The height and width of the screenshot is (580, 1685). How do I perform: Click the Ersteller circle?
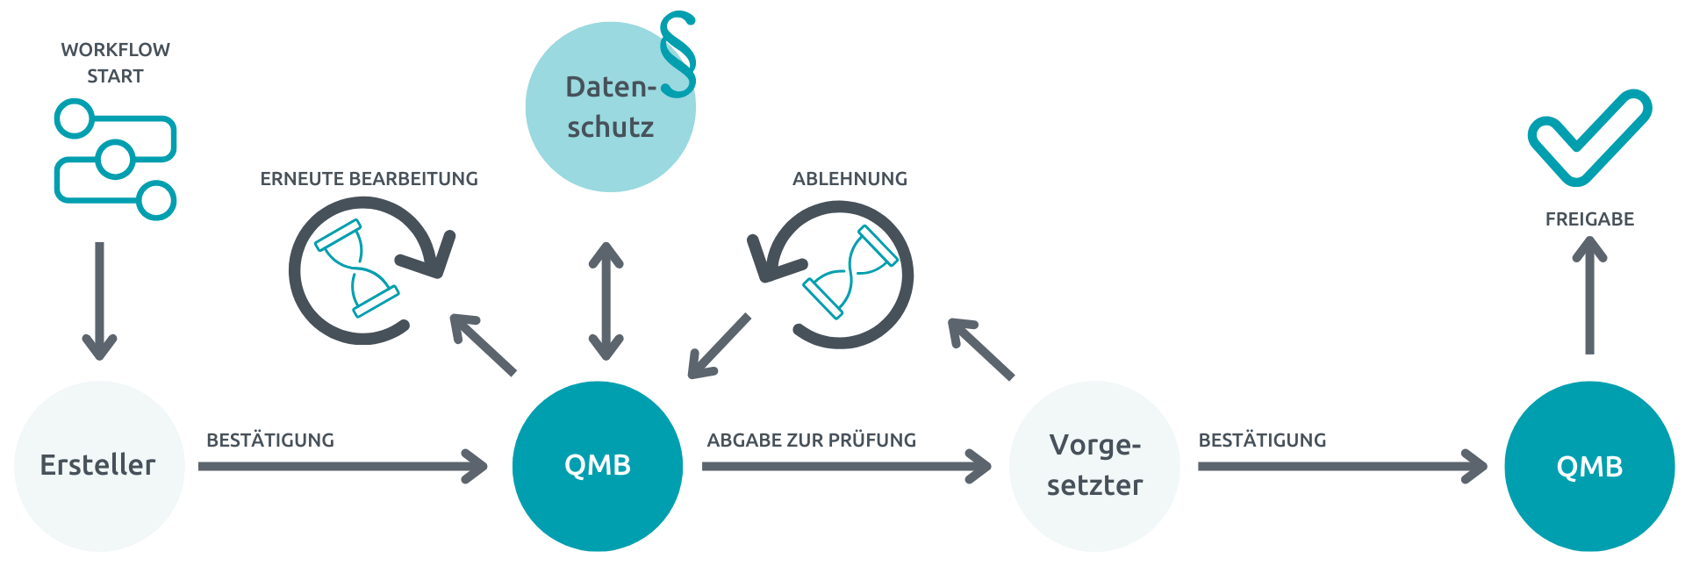tap(99, 466)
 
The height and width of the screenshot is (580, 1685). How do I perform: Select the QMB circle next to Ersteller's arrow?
tap(598, 466)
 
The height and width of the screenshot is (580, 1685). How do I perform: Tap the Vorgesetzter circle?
tap(1094, 466)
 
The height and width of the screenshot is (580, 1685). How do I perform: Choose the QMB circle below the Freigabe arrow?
tap(1589, 466)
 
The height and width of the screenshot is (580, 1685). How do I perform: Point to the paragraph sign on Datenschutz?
tap(678, 54)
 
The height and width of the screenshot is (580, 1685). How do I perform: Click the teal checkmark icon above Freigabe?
tap(1588, 136)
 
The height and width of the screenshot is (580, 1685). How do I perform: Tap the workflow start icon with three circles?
tap(115, 159)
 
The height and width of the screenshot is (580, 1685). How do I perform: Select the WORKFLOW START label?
tap(115, 62)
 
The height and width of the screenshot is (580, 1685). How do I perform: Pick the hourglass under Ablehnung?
tap(850, 272)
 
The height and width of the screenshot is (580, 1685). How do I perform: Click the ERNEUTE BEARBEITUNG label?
tap(369, 178)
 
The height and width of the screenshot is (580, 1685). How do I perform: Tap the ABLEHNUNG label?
tap(850, 178)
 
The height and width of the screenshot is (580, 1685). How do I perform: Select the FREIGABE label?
tap(1589, 218)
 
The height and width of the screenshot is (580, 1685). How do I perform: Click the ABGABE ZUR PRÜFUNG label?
tap(811, 440)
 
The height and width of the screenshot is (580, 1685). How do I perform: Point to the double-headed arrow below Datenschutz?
tap(606, 301)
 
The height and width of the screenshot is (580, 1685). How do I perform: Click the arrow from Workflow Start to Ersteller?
tap(99, 300)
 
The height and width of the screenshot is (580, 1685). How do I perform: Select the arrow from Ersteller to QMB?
tap(342, 466)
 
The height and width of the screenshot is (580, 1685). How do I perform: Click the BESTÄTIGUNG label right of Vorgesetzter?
tap(1262, 440)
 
